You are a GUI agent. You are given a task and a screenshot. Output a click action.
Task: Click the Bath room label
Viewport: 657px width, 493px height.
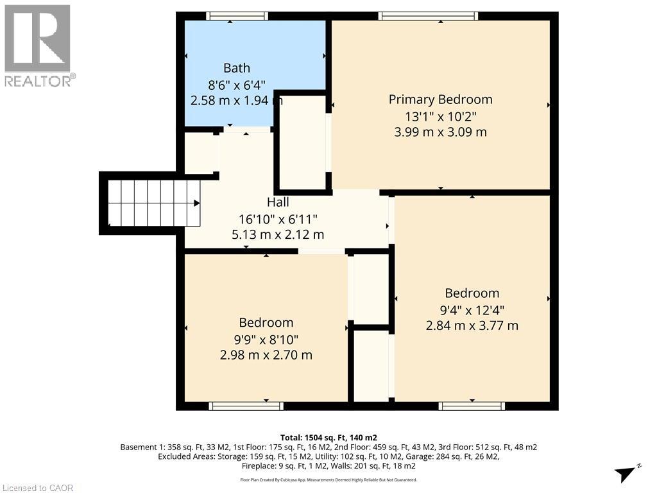237,68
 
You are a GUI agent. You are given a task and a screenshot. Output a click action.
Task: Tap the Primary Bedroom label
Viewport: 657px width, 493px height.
441,99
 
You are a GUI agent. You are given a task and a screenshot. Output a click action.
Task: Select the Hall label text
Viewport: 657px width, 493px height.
278,202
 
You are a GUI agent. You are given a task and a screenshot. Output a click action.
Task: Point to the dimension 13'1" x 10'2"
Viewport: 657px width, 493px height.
441,116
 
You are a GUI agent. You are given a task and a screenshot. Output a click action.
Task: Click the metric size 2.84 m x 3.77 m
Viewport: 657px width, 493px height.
472,325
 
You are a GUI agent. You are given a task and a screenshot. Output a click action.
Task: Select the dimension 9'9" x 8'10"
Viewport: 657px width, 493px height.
266,339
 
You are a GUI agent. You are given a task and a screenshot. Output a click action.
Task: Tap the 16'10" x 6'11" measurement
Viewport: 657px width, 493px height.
278,218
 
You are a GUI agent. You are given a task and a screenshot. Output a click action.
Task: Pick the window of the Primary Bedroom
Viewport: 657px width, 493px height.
428,16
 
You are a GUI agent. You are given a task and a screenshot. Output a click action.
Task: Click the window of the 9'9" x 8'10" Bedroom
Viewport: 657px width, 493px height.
246,406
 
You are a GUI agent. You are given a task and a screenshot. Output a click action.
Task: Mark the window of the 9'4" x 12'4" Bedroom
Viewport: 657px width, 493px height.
472,406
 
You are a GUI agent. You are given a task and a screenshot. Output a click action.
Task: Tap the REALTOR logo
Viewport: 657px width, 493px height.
38,45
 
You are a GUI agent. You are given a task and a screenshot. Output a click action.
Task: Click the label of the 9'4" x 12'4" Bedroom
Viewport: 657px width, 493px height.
472,293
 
